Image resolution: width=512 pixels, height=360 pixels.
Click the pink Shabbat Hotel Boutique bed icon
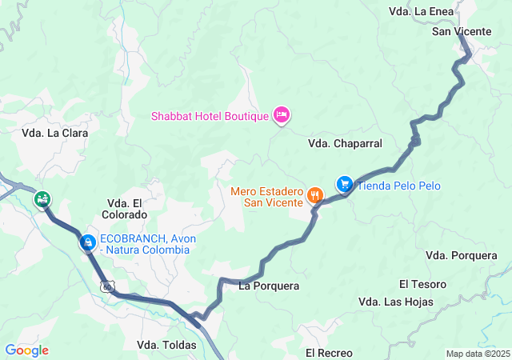[x=281, y=116]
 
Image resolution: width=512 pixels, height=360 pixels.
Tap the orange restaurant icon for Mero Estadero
[x=316, y=194]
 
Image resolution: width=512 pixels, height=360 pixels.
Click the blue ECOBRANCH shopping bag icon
[x=88, y=241]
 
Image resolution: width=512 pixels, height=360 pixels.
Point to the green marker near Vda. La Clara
[x=42, y=198]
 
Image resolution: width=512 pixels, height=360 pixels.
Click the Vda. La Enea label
[x=421, y=11]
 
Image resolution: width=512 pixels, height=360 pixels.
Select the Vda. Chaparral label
[x=345, y=143]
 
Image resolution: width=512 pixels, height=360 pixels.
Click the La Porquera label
[x=269, y=286]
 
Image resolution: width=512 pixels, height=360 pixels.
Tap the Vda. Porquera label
[x=462, y=255]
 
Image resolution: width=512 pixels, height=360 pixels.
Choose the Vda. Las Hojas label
[x=396, y=302]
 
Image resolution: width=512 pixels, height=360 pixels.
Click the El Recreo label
[x=329, y=352]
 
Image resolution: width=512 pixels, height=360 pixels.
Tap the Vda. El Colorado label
[x=125, y=209]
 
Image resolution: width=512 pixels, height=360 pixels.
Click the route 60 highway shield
[x=107, y=286]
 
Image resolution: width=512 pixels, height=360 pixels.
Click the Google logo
[x=26, y=350]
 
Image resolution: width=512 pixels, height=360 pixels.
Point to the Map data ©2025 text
[x=478, y=354]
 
